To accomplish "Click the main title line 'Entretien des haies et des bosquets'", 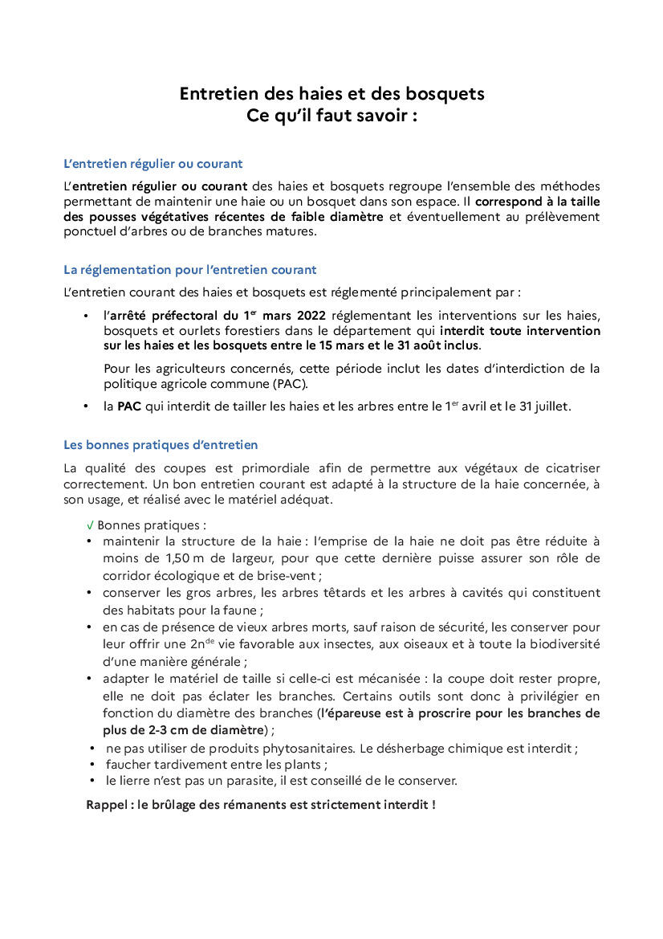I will (x=331, y=94).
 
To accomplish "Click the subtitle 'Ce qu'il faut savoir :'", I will (x=331, y=115).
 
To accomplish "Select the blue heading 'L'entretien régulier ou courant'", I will (x=153, y=164).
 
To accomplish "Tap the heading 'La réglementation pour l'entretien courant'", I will (x=189, y=270).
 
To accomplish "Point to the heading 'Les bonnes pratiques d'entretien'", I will (x=161, y=445).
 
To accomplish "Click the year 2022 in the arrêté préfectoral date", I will (x=310, y=314).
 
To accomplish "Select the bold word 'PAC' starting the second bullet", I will (x=129, y=406).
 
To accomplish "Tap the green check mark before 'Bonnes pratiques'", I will (x=90, y=525).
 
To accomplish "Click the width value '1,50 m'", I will (x=185, y=558).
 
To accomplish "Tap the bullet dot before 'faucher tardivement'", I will (x=95, y=765).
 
